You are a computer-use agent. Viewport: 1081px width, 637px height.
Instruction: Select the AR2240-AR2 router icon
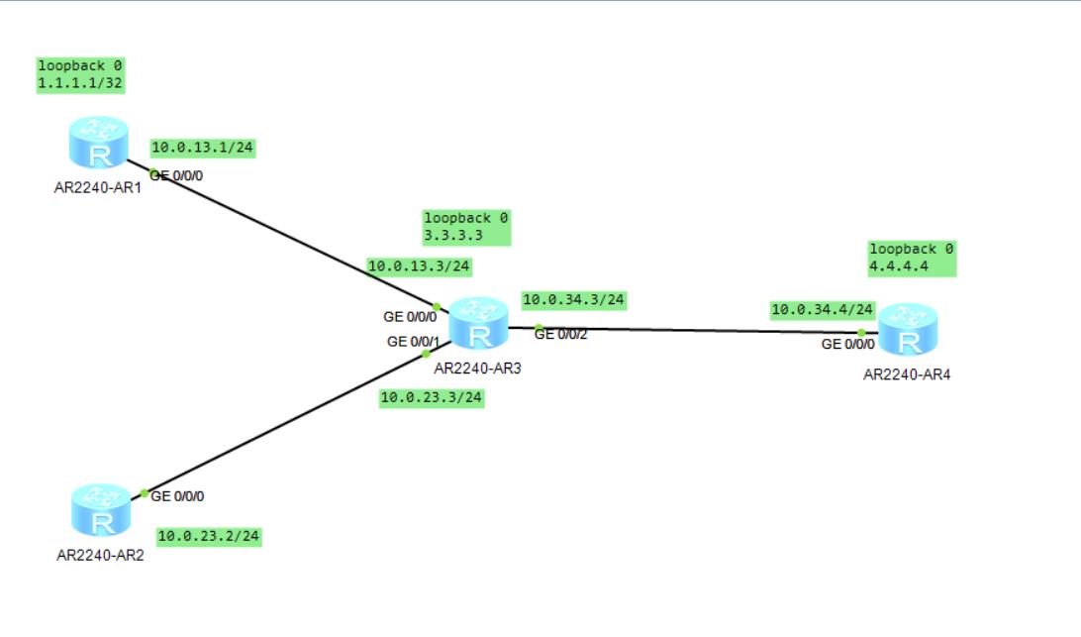[101, 510]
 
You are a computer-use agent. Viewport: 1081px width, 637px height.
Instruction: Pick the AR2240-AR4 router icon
[907, 330]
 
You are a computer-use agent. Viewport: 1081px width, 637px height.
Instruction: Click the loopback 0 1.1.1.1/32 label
[80, 74]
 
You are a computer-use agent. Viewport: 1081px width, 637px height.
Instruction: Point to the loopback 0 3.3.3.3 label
[466, 227]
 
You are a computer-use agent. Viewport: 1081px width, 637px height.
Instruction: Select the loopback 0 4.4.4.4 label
[912, 258]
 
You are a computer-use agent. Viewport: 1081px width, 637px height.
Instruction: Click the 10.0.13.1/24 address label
[203, 148]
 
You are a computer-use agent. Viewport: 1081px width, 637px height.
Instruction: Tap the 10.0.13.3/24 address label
[419, 265]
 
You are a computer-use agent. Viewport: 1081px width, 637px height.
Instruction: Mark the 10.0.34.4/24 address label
[823, 310]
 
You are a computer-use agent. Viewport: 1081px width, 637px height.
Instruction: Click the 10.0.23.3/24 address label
[432, 397]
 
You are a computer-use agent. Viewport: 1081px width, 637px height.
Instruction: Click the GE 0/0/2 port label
[561, 335]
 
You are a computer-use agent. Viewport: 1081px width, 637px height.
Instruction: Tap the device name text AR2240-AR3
[477, 368]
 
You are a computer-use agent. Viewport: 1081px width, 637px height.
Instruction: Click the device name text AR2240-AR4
[907, 374]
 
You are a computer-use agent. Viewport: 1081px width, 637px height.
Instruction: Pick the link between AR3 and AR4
[693, 329]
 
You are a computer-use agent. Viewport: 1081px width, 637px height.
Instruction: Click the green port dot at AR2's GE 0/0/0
[144, 493]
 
